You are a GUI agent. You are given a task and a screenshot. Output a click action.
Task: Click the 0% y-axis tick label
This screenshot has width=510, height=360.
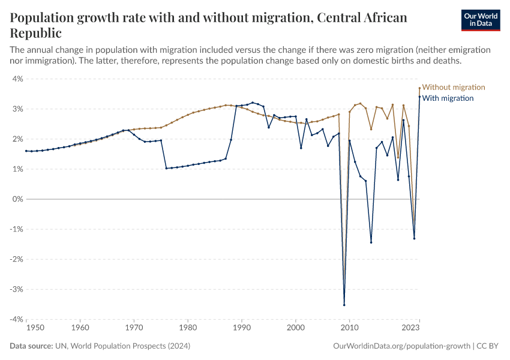pyautogui.click(x=17, y=199)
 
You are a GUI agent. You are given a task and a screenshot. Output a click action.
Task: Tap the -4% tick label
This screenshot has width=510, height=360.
pyautogui.click(x=16, y=319)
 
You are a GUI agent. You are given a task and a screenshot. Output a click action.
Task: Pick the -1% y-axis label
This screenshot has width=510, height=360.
pyautogui.click(x=16, y=229)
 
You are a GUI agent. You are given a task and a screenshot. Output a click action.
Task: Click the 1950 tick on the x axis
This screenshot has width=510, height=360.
pyautogui.click(x=26, y=328)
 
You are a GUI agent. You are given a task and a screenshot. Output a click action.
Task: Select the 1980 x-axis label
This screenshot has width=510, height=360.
pyautogui.click(x=188, y=328)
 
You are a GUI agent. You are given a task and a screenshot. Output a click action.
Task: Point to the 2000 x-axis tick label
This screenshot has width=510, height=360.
pyautogui.click(x=295, y=328)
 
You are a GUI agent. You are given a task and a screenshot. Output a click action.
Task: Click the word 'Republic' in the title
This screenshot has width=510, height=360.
pyautogui.click(x=35, y=32)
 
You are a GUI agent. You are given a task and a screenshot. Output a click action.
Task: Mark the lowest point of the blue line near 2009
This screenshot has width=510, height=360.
pyautogui.click(x=344, y=305)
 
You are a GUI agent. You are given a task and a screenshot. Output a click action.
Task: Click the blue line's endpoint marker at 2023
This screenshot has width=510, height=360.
pyautogui.click(x=419, y=97)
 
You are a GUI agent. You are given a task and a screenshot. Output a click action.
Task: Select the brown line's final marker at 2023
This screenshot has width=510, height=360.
pyautogui.click(x=419, y=88)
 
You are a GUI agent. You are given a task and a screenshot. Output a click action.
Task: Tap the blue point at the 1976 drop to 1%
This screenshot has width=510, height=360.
pyautogui.click(x=166, y=168)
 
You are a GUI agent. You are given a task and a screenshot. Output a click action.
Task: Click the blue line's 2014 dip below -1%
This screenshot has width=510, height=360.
pyautogui.click(x=371, y=242)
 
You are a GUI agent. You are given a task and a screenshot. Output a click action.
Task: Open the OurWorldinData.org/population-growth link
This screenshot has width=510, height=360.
pyautogui.click(x=400, y=346)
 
